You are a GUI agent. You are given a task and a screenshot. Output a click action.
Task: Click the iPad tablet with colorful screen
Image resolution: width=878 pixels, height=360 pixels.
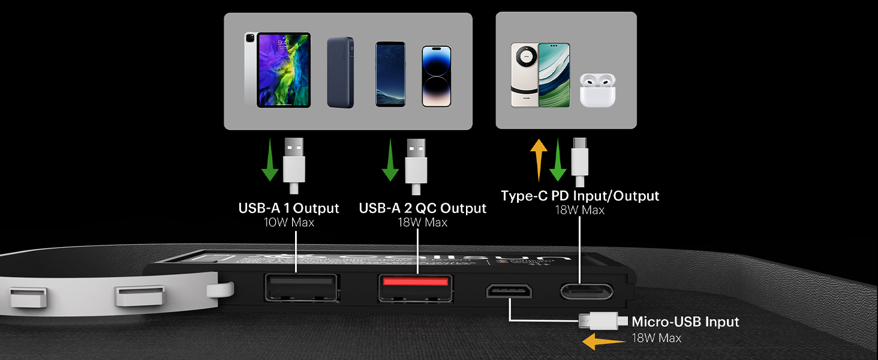[283, 70]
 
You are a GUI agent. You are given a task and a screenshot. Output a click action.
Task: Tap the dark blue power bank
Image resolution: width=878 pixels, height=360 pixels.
[340, 73]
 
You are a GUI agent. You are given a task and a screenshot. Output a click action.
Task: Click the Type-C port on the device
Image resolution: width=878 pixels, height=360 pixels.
[587, 292]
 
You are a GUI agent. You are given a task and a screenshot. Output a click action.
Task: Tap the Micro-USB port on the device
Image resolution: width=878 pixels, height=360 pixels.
[509, 292]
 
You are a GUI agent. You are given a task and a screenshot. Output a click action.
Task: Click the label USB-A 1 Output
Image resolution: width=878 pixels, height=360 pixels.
[288, 208]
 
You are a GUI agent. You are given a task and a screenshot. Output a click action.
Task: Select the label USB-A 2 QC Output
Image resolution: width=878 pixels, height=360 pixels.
[422, 208]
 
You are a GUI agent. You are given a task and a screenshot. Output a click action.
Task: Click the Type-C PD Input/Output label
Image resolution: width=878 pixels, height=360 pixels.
[580, 196]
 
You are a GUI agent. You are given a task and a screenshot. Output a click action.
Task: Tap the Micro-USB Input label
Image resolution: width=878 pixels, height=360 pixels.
[685, 322]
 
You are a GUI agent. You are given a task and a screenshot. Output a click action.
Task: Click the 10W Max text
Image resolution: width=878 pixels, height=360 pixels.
[288, 223]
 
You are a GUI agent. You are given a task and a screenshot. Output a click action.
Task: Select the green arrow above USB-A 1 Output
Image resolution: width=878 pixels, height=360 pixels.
[270, 160]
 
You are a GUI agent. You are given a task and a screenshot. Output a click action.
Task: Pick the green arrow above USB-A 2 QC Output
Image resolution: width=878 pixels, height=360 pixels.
[390, 160]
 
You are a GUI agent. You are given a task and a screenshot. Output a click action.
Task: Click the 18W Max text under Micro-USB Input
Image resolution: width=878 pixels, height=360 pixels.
[656, 338]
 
